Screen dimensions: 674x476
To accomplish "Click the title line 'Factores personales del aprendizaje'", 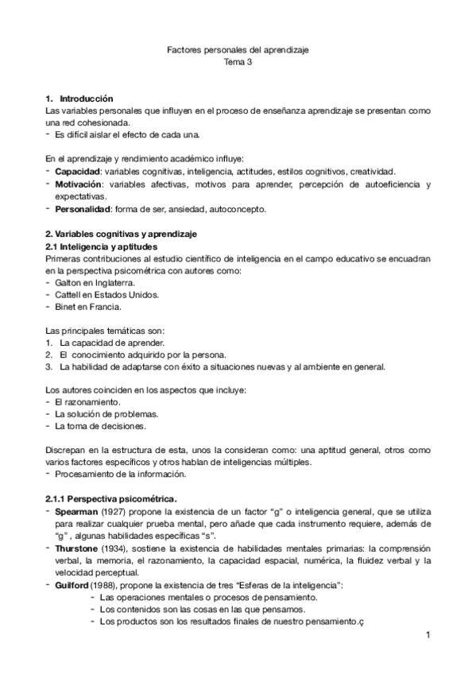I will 238,50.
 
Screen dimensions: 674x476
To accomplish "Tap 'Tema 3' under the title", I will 238,62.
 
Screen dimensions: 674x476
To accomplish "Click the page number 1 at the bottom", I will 427,634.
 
